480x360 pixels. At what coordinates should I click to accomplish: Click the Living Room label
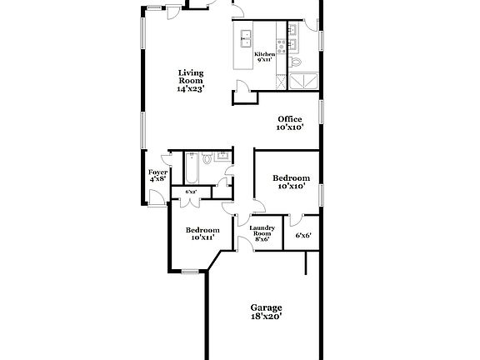191,81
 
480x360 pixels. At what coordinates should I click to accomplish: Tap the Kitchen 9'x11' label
265,57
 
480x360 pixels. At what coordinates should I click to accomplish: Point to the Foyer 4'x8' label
157,176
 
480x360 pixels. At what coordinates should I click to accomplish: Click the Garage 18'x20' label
267,312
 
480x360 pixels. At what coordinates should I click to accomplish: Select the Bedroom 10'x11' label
202,234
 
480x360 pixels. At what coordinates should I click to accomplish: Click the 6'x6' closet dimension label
303,236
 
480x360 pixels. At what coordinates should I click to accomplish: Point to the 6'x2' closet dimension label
190,192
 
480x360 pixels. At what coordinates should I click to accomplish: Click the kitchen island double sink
247,37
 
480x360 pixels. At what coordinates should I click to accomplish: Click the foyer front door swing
156,197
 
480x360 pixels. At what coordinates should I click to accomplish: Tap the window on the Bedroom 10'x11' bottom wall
191,270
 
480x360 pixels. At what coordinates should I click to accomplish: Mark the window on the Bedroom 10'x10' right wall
321,190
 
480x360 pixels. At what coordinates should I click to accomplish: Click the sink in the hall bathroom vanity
222,156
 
